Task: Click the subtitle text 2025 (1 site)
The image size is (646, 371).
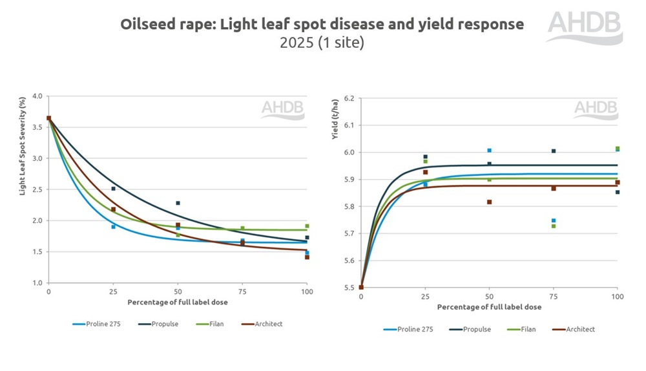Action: click(x=322, y=43)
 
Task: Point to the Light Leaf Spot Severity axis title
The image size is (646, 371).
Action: click(x=22, y=146)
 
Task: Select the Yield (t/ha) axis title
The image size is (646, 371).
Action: click(x=335, y=119)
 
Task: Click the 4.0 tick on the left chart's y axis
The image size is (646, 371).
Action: click(x=37, y=96)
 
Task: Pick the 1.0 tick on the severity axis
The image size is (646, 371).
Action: click(x=37, y=283)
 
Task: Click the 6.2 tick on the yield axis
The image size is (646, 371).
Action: click(x=349, y=98)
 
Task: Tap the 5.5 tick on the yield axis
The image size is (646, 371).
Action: click(x=349, y=288)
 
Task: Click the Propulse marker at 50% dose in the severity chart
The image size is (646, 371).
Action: click(x=178, y=203)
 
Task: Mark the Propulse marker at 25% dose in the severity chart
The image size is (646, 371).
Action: click(x=113, y=189)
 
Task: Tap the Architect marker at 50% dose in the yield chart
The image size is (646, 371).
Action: click(x=489, y=202)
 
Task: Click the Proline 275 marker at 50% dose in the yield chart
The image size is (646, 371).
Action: click(x=489, y=151)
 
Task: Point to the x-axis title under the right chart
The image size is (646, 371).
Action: click(x=489, y=307)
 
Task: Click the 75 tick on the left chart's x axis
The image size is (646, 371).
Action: click(x=242, y=292)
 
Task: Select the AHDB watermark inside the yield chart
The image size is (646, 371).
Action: click(x=595, y=109)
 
